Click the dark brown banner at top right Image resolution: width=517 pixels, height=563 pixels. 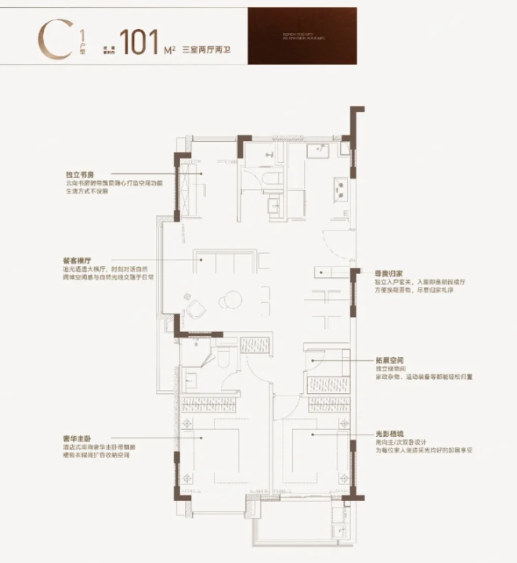click(x=302, y=36)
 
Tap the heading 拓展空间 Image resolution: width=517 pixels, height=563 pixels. click(x=387, y=362)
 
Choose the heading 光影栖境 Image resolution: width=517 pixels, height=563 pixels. click(x=387, y=433)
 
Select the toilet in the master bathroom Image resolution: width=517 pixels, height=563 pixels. click(x=222, y=357)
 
